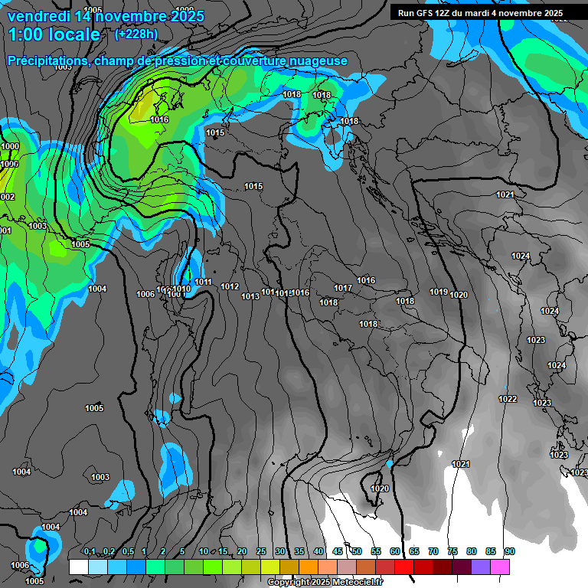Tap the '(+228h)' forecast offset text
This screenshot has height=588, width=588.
pyautogui.click(x=136, y=34)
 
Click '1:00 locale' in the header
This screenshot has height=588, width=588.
pyautogui.click(x=54, y=35)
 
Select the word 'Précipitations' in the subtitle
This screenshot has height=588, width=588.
pyautogui.click(x=47, y=61)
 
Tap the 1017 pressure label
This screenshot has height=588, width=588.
pyautogui.click(x=343, y=288)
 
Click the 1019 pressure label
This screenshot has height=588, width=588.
pyautogui.click(x=439, y=292)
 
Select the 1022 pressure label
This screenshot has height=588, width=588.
pyautogui.click(x=507, y=399)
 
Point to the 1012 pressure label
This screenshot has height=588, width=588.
pyautogui.click(x=230, y=287)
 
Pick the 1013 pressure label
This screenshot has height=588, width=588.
pyautogui.click(x=250, y=296)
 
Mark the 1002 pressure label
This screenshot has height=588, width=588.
pyautogui.click(x=6, y=197)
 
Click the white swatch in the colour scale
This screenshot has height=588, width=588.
pyautogui.click(x=78, y=567)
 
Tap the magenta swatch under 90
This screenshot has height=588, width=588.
pyautogui.click(x=500, y=567)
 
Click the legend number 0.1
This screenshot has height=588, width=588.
pyautogui.click(x=90, y=552)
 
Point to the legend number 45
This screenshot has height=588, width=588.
pyautogui.click(x=338, y=552)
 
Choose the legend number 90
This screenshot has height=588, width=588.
pyautogui.click(x=509, y=552)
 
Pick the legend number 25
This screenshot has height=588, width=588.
pyautogui.click(x=261, y=552)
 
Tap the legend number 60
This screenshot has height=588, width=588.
pyautogui.click(x=395, y=552)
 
